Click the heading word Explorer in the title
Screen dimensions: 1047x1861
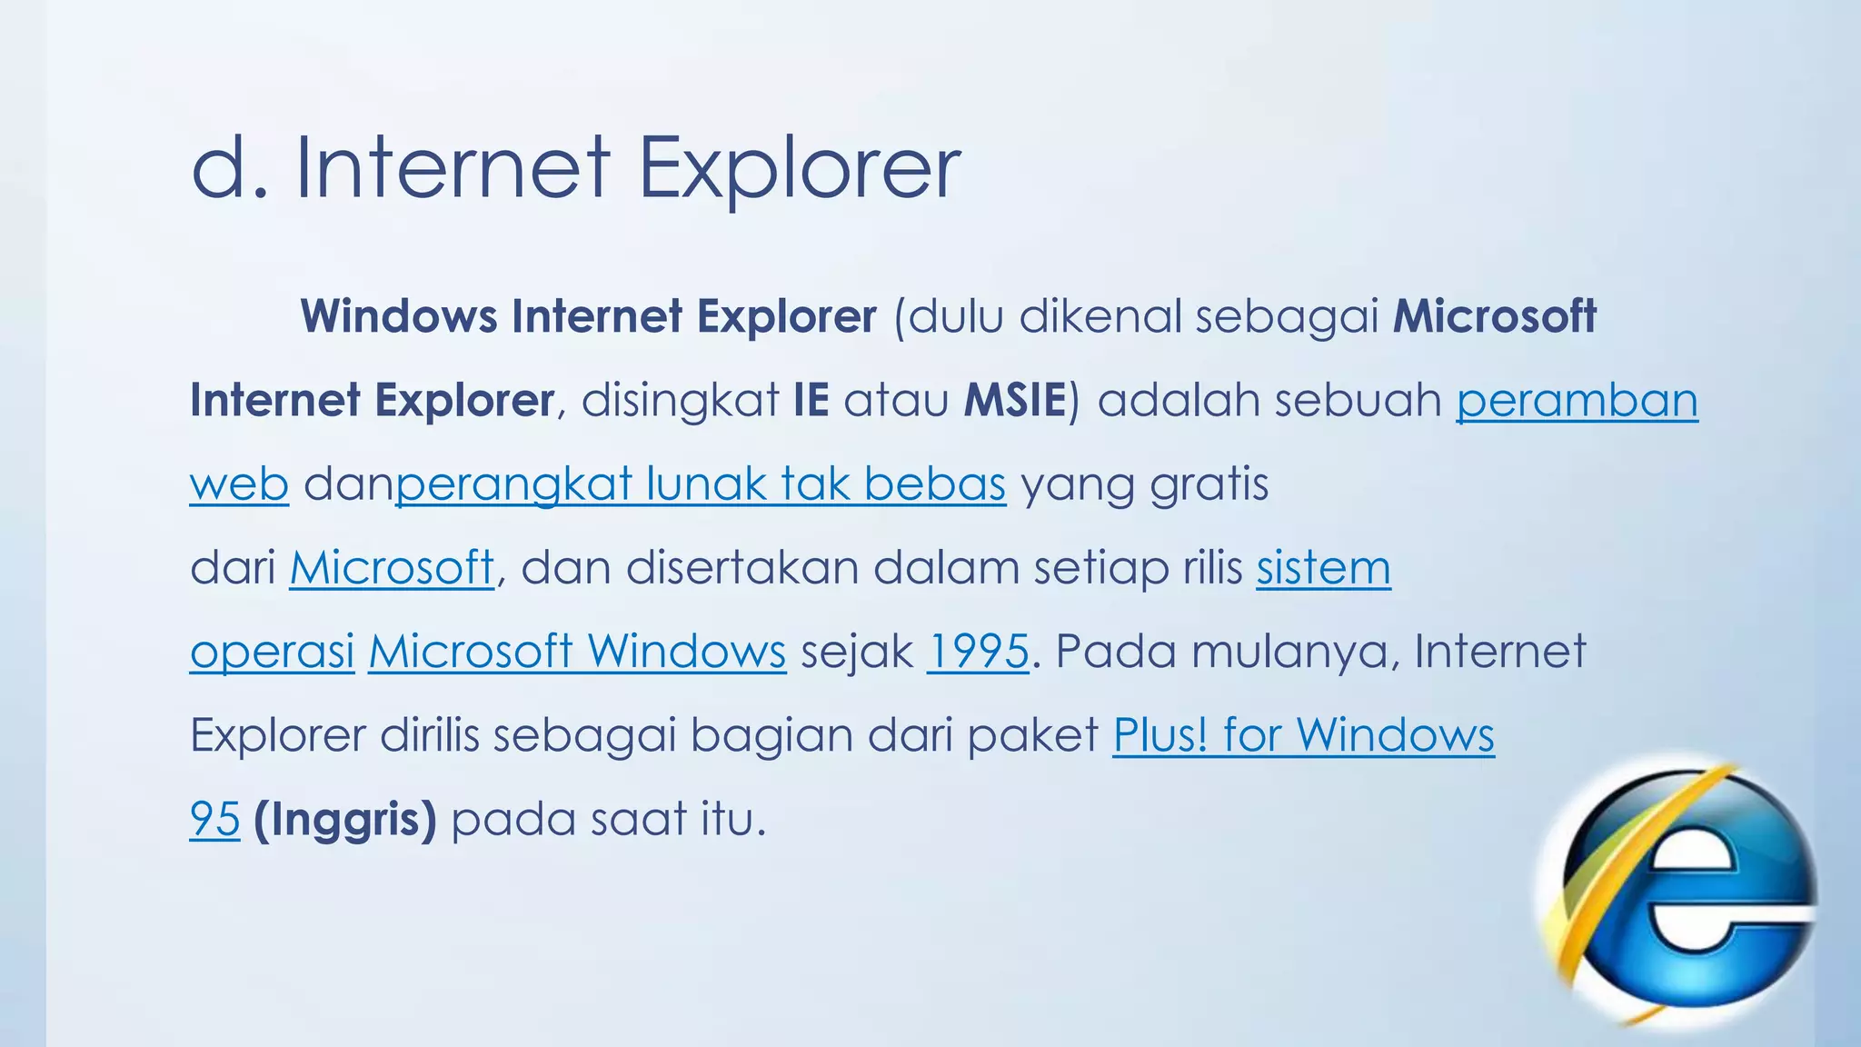[800, 169]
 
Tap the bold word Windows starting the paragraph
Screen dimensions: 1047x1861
[399, 316]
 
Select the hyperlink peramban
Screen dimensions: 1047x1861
[1577, 401]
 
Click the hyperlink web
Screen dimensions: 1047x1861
[239, 484]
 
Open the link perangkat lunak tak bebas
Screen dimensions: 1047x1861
[701, 484]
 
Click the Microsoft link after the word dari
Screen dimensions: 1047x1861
[392, 568]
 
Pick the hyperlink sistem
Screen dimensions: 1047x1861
[1323, 568]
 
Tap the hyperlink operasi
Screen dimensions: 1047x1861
[272, 652]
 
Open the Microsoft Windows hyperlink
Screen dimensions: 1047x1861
[577, 652]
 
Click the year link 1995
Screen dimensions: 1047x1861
[978, 652]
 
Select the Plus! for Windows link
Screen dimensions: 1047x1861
[1303, 735]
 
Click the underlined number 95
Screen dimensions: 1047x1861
[214, 819]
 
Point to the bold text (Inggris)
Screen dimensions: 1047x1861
[345, 819]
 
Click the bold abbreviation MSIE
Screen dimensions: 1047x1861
[1015, 401]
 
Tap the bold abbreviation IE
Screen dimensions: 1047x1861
[811, 401]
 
